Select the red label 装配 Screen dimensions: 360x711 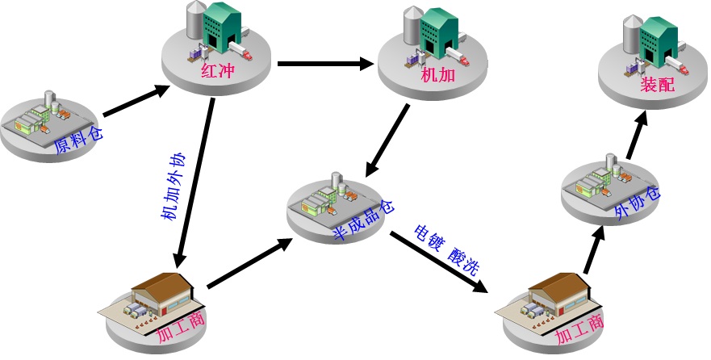point(657,84)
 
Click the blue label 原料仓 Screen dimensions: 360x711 point(78,136)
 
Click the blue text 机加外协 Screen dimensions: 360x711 point(174,186)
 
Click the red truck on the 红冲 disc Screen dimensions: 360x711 point(245,56)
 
